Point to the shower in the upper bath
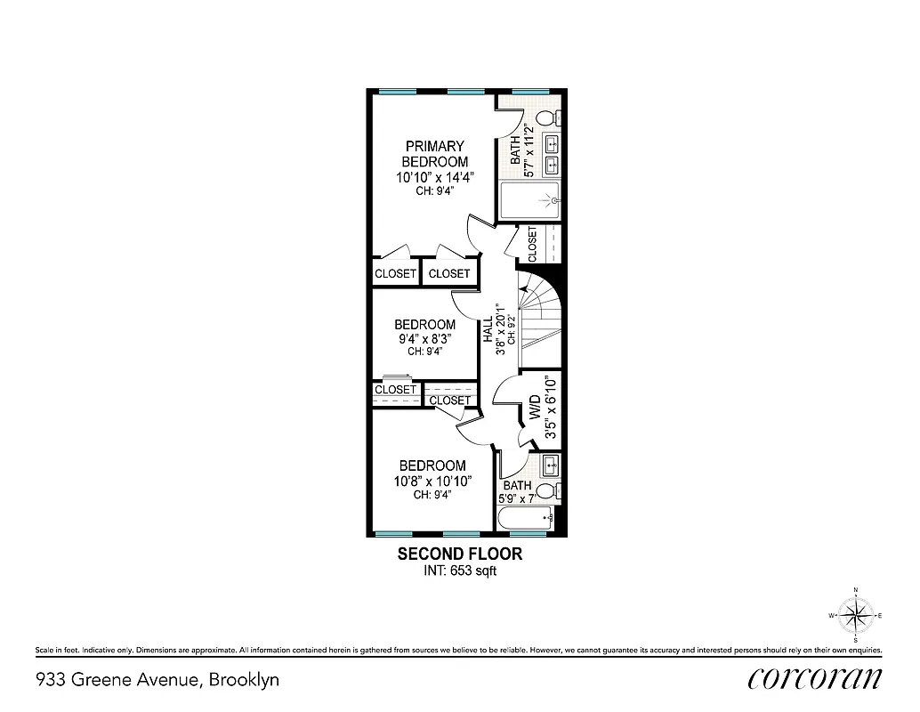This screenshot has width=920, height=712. pyautogui.click(x=529, y=200)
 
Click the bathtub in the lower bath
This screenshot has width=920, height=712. pyautogui.click(x=525, y=518)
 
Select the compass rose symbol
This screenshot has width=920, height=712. pyautogui.click(x=855, y=615)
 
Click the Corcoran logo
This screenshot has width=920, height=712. pyautogui.click(x=815, y=678)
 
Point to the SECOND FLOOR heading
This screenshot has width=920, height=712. pyautogui.click(x=459, y=554)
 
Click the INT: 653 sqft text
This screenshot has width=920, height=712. pyautogui.click(x=459, y=571)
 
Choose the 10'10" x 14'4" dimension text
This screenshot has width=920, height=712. pyautogui.click(x=435, y=177)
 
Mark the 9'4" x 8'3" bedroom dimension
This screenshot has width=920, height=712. pyautogui.click(x=424, y=338)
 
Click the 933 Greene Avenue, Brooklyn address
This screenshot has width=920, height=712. pyautogui.click(x=157, y=680)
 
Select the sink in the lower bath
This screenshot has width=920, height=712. pyautogui.click(x=550, y=464)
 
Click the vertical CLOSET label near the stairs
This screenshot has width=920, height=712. pyautogui.click(x=532, y=244)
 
